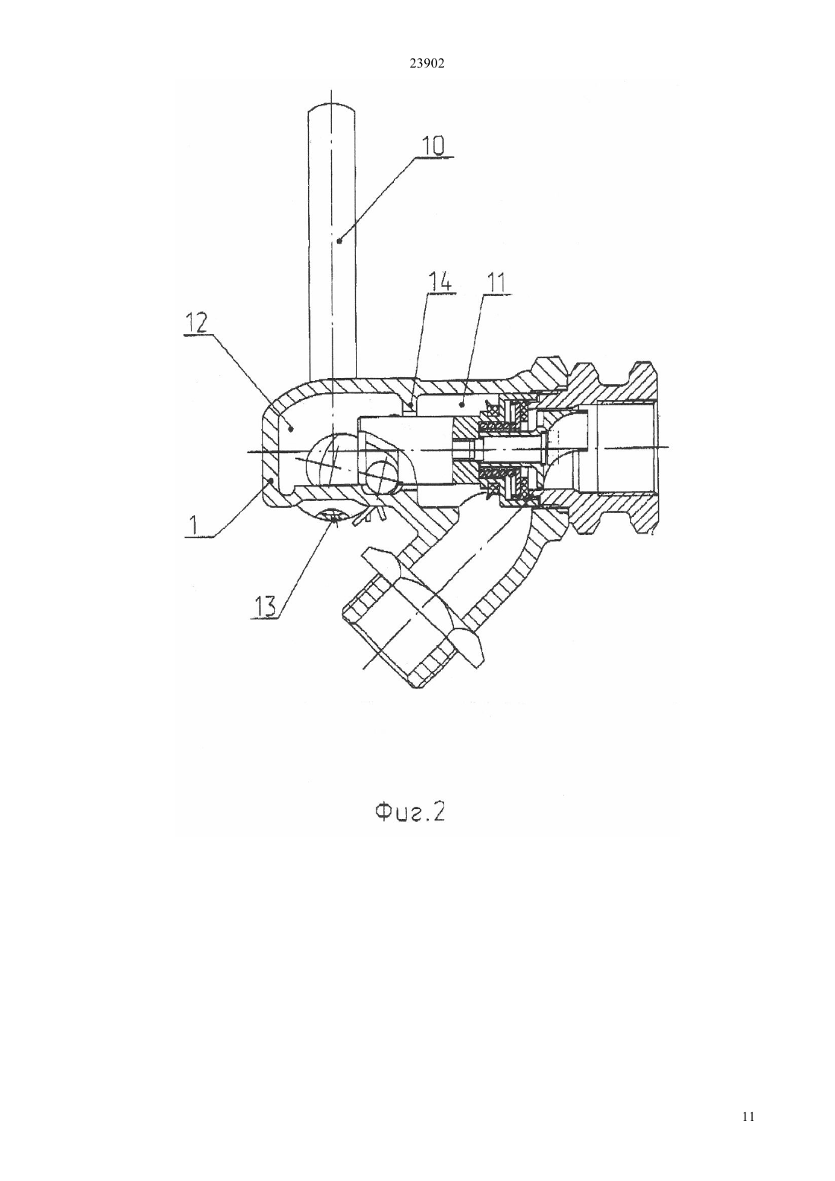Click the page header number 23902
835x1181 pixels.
tap(427, 64)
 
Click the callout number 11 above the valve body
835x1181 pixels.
tap(496, 284)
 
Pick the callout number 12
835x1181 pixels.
tap(194, 323)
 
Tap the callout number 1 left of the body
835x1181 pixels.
tap(194, 525)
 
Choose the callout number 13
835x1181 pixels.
tap(266, 606)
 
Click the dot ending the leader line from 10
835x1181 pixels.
tap(340, 241)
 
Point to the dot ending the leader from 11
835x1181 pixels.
tap(462, 405)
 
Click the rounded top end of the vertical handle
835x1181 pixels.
tap(332, 109)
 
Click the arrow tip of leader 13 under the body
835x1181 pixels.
tap(334, 520)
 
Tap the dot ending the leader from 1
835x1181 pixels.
tap(271, 479)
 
